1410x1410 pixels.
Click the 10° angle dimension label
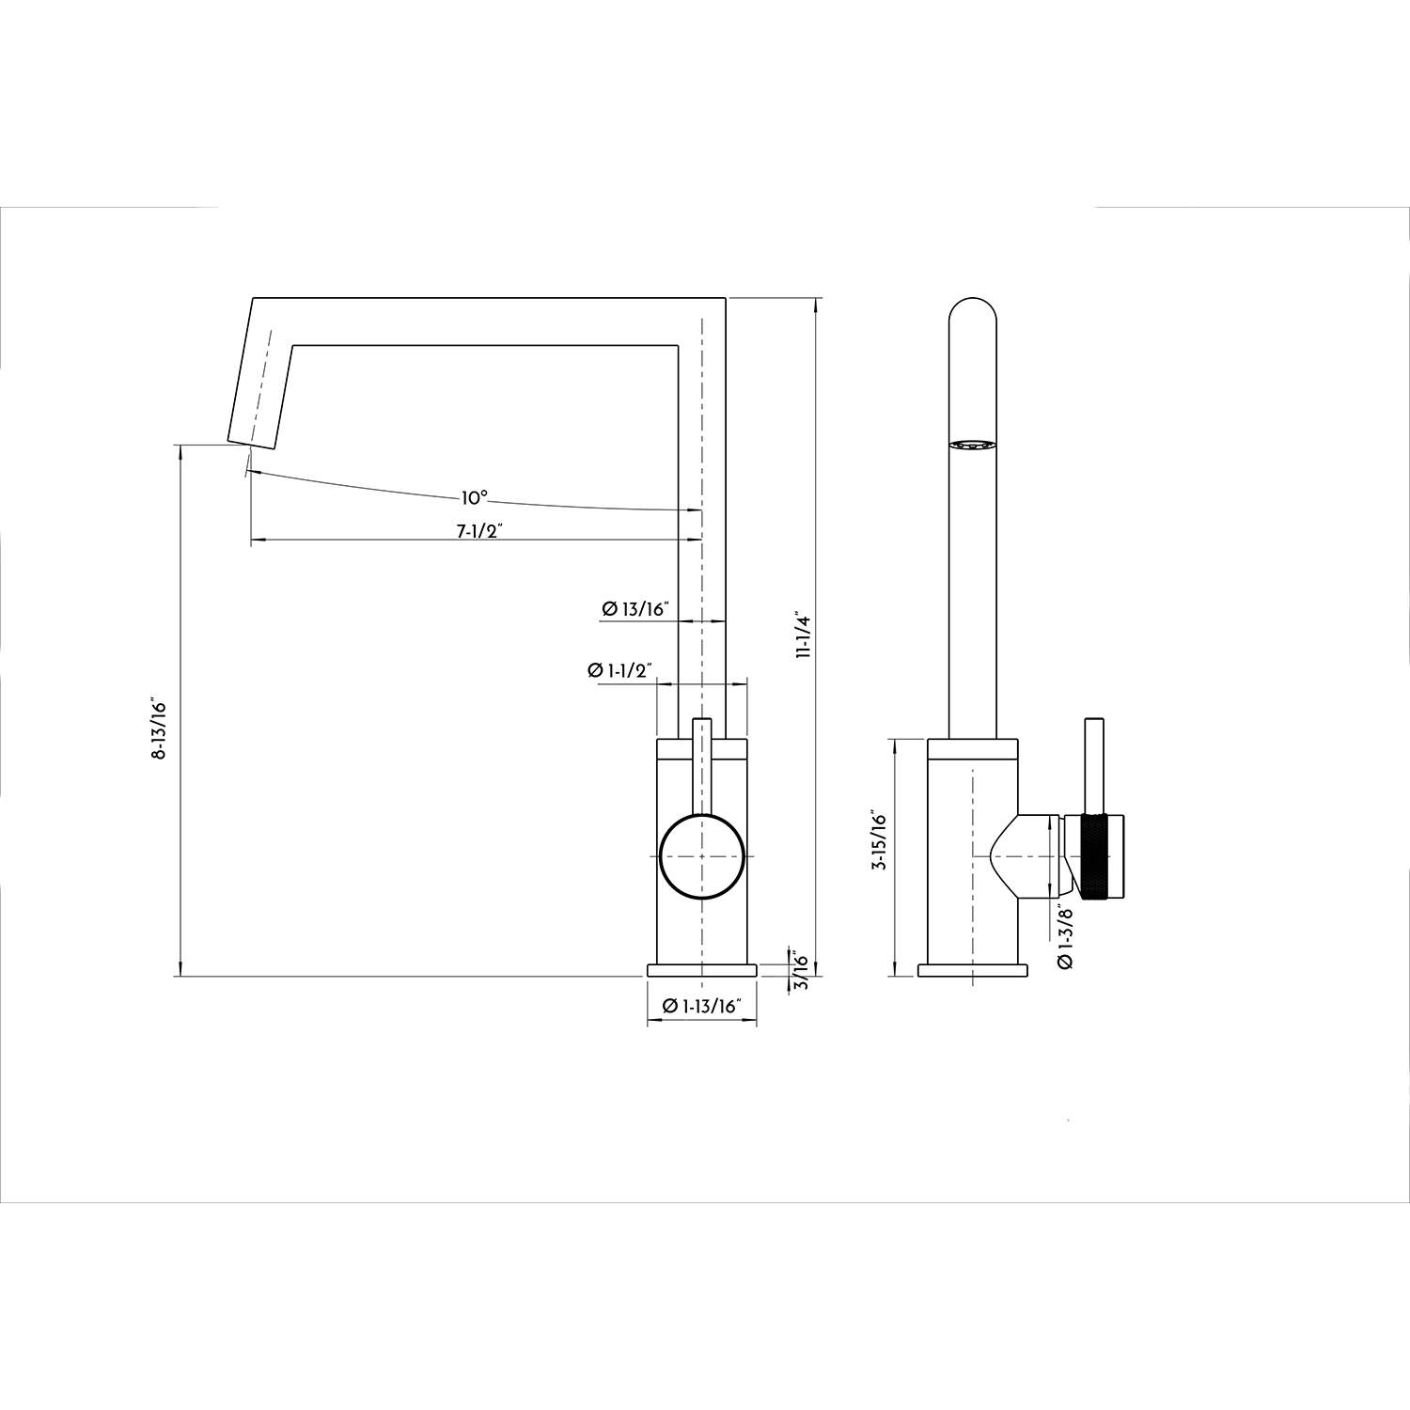474,496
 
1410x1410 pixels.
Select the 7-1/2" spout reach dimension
479,530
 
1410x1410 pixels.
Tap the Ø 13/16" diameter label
634,609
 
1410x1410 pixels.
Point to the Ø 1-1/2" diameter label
619,670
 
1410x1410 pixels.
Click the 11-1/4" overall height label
802,636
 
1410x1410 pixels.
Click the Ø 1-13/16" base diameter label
702,1006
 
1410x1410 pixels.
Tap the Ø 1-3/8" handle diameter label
1064,936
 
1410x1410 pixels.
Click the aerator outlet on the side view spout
972,446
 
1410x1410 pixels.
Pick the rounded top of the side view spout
972,315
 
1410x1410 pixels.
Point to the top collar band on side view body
972,748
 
